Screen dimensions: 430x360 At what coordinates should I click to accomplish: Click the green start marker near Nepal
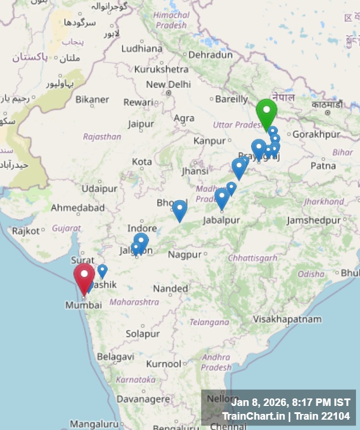click(x=267, y=111)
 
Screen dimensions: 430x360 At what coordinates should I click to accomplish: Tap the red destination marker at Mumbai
click(x=84, y=276)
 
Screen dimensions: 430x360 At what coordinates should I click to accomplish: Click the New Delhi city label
click(x=168, y=84)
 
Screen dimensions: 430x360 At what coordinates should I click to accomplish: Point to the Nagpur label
click(x=185, y=254)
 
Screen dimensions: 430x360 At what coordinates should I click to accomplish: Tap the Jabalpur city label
click(x=221, y=220)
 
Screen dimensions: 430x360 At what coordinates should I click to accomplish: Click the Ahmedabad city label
click(x=78, y=208)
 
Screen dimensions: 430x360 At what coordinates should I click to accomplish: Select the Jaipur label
click(x=141, y=124)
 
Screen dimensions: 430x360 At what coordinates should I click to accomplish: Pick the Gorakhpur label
click(x=316, y=135)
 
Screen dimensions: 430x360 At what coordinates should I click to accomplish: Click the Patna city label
click(x=323, y=166)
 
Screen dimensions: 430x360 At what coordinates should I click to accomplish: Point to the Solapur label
click(x=143, y=333)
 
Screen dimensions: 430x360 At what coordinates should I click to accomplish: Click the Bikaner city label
click(x=92, y=100)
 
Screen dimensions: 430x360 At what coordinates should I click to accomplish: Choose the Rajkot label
click(x=26, y=231)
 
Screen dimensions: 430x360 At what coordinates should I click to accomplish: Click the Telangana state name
click(x=209, y=322)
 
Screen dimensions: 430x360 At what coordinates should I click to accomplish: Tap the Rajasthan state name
click(x=102, y=137)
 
